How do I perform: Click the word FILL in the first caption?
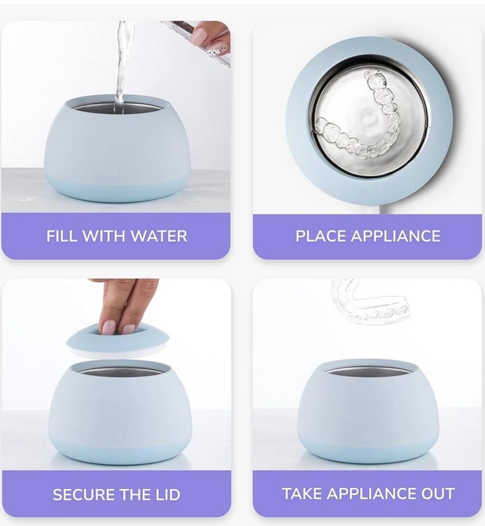pos(61,236)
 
